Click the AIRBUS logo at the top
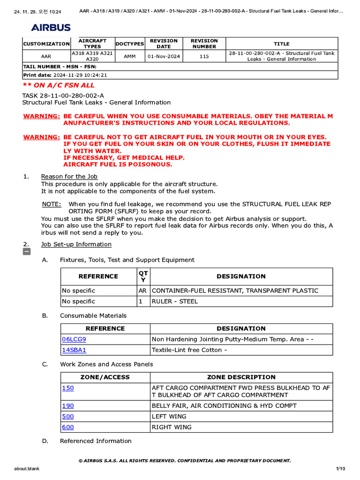pyautogui.click(x=51, y=28)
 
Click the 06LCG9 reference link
pyautogui.click(x=74, y=339)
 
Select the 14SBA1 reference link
pyautogui.click(x=74, y=350)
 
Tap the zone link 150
pyautogui.click(x=68, y=388)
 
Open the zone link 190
pyautogui.click(x=68, y=406)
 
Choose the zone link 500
pyautogui.click(x=68, y=417)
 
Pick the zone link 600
pyautogui.click(x=68, y=427)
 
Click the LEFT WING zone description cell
pyautogui.click(x=169, y=417)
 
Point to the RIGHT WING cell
pyautogui.click(x=171, y=427)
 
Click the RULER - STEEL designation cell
pyautogui.click(x=174, y=301)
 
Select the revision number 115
pyautogui.click(x=204, y=56)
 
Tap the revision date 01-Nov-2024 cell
pyautogui.click(x=164, y=56)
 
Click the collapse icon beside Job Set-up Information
pyautogui.click(x=27, y=252)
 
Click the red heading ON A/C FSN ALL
pyautogui.click(x=59, y=85)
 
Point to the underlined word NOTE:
pyautogui.click(x=52, y=204)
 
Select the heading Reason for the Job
pyautogui.click(x=69, y=177)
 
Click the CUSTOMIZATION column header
pyautogui.click(x=46, y=44)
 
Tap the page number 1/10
pyautogui.click(x=340, y=469)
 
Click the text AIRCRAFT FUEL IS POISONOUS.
pyautogui.click(x=118, y=165)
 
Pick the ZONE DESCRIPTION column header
pyautogui.click(x=241, y=377)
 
